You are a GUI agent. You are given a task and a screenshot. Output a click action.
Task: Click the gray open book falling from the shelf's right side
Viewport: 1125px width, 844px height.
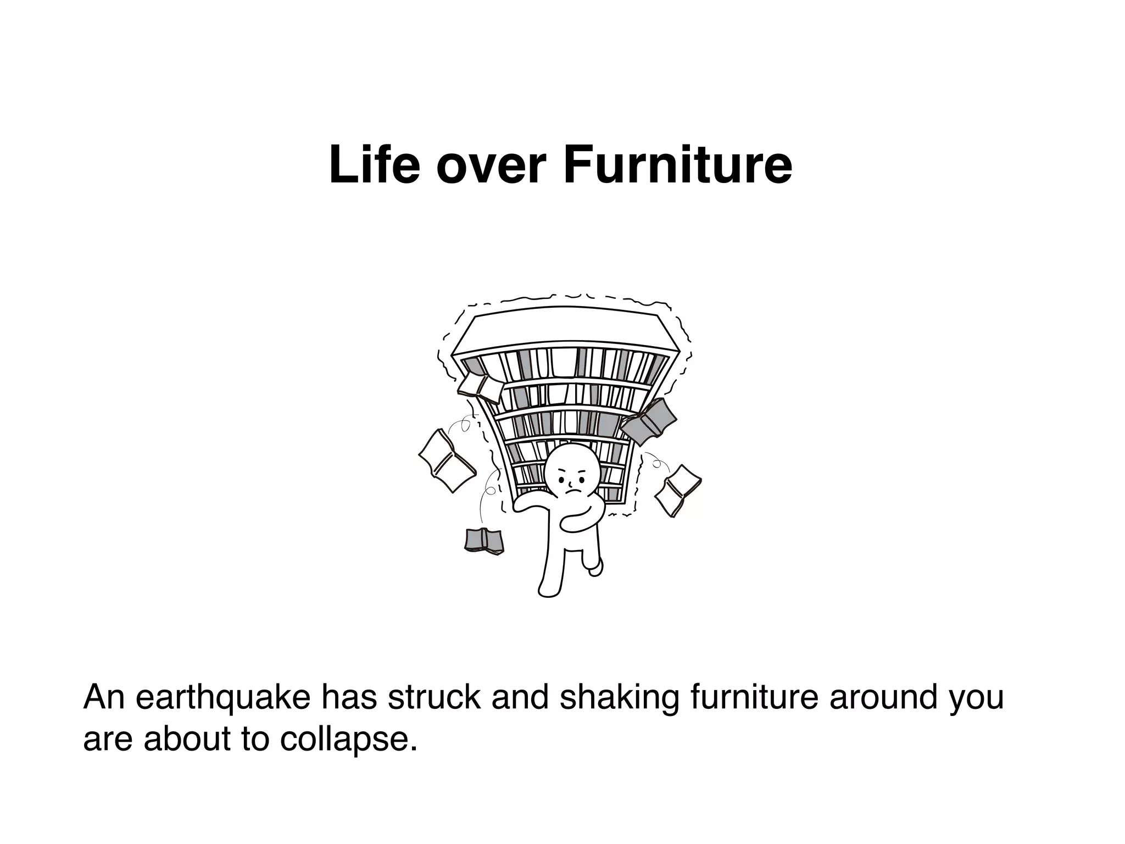pos(648,421)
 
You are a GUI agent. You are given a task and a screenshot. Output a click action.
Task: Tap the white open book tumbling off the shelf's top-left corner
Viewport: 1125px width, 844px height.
pos(480,387)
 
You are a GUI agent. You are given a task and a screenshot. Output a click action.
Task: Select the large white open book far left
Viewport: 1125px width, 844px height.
pos(447,460)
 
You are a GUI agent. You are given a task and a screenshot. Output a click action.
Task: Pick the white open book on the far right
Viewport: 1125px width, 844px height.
pos(677,490)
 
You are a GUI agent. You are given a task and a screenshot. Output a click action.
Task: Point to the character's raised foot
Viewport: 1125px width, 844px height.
pos(595,569)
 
